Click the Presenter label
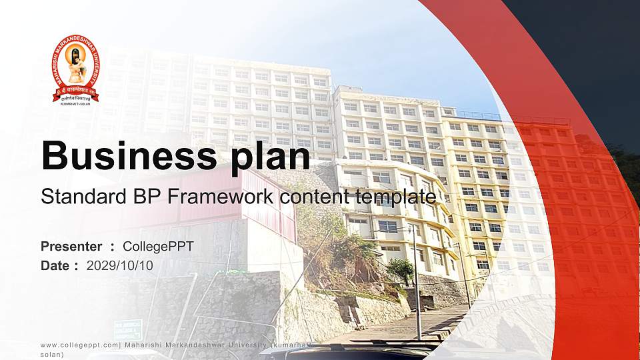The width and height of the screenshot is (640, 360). [x=71, y=247]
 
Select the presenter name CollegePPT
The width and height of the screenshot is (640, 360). [x=158, y=247]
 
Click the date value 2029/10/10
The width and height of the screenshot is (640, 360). [x=119, y=265]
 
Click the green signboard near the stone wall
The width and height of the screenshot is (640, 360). [x=127, y=329]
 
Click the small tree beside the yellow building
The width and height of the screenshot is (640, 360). [x=401, y=268]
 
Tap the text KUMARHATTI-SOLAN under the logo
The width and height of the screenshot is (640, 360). [x=75, y=105]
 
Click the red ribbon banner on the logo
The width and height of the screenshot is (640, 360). [x=75, y=91]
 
